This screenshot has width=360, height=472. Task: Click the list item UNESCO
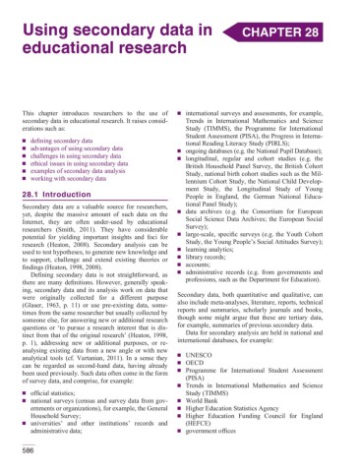pyautogui.click(x=227, y=351)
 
